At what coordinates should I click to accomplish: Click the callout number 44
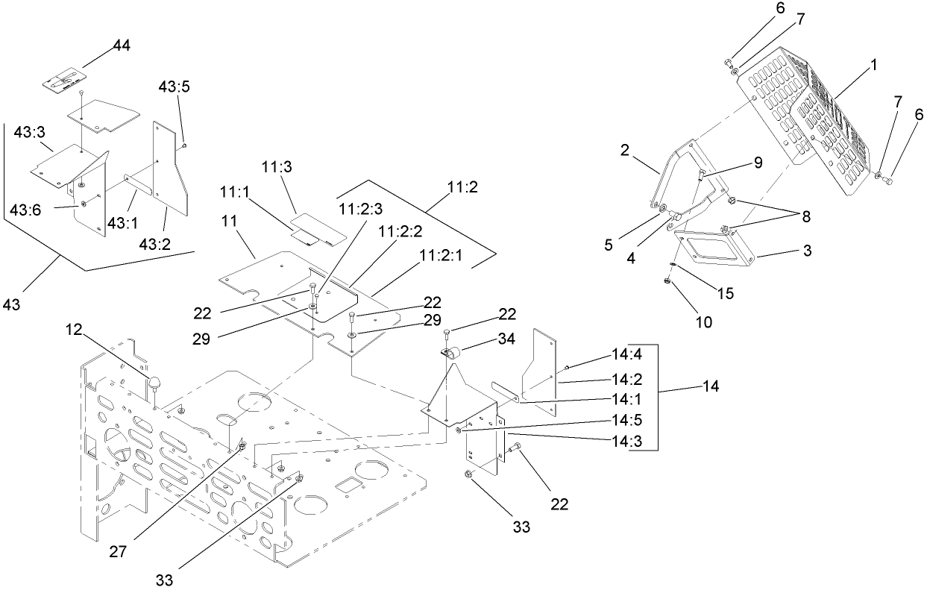tap(121, 46)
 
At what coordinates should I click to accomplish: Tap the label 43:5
tap(174, 87)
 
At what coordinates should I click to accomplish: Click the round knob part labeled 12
tap(156, 383)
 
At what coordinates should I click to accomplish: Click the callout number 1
tap(873, 66)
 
